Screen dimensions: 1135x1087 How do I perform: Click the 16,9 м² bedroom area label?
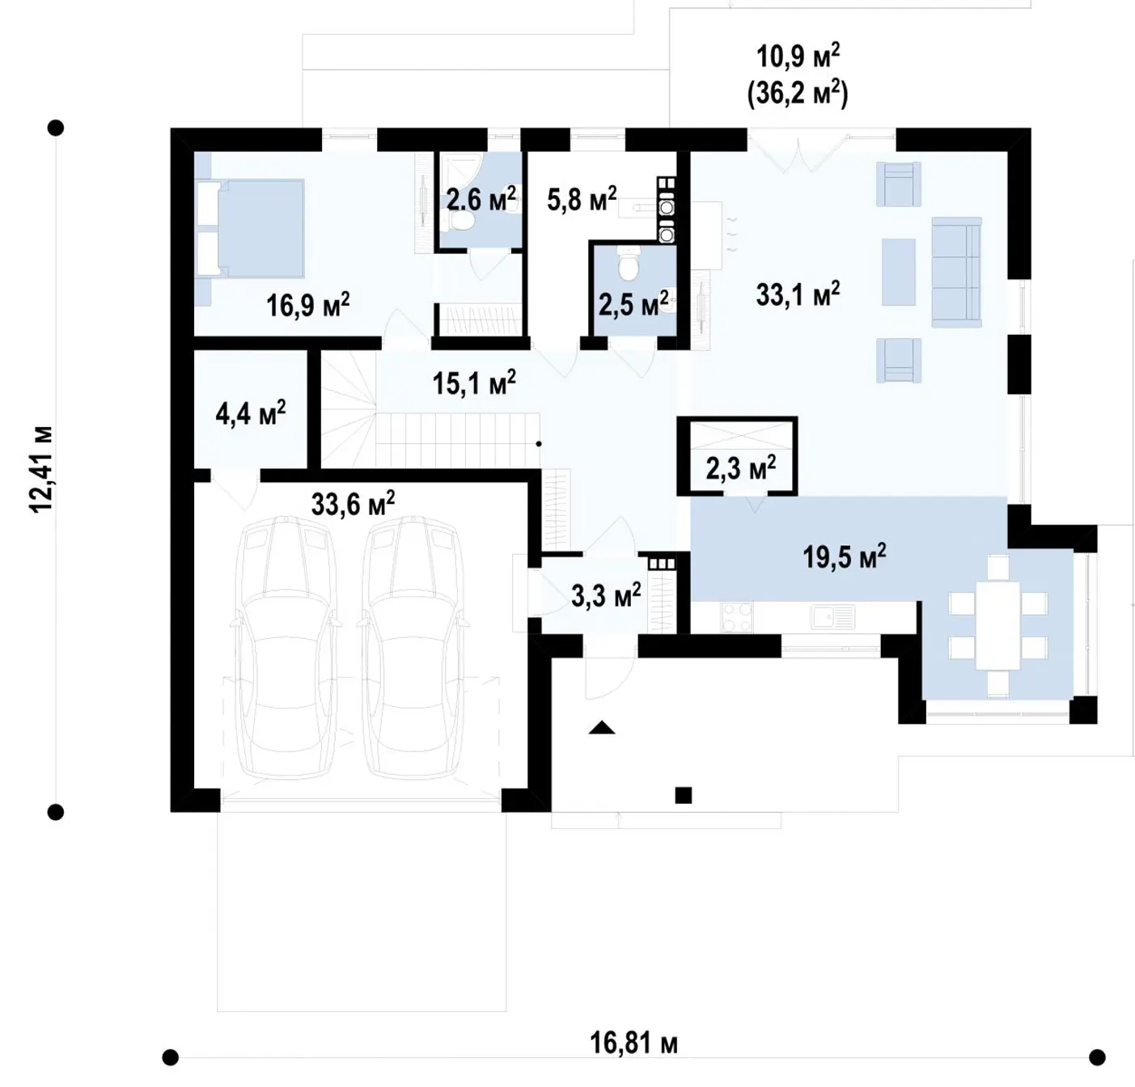click(308, 304)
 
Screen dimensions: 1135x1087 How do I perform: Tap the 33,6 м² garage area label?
click(353, 503)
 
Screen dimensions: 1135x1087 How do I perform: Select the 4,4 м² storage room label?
click(251, 413)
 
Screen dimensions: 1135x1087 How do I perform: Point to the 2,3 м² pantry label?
click(741, 467)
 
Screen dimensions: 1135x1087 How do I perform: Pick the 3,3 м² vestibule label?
click(606, 594)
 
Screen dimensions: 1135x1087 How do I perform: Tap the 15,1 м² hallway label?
click(474, 383)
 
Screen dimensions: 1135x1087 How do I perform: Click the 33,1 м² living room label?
click(798, 294)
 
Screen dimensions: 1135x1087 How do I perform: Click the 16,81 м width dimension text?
click(633, 1043)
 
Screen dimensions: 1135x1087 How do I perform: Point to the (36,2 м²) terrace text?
click(798, 93)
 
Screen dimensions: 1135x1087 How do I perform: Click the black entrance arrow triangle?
click(602, 727)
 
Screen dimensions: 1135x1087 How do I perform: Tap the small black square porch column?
click(683, 795)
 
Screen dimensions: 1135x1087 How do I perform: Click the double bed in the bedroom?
click(251, 227)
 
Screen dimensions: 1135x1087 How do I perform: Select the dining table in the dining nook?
click(998, 625)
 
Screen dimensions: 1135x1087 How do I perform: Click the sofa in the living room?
click(956, 272)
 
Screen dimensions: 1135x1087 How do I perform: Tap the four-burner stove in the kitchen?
click(737, 616)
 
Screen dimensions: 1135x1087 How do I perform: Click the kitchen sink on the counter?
click(833, 615)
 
